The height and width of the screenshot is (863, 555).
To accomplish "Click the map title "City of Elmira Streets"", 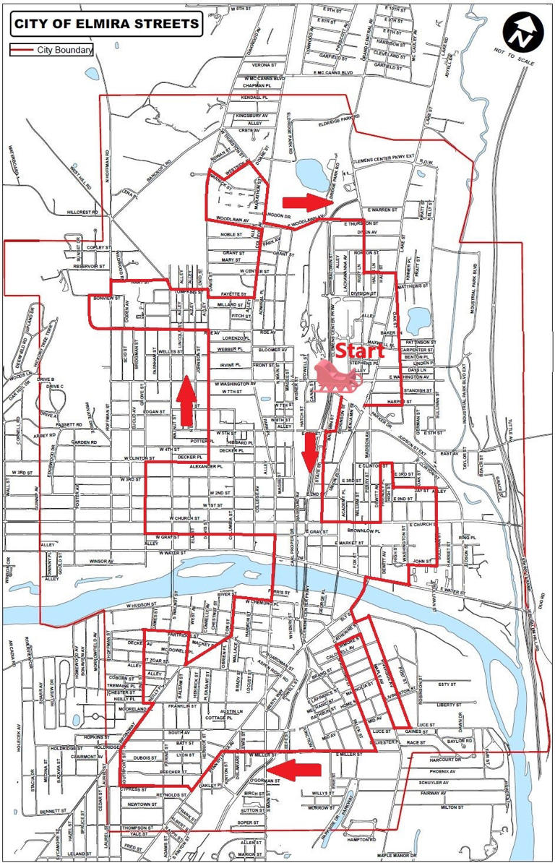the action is click(106, 25).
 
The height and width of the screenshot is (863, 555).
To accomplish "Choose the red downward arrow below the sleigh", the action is click(311, 450).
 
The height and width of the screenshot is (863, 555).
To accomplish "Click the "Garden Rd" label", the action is click(84, 442).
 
